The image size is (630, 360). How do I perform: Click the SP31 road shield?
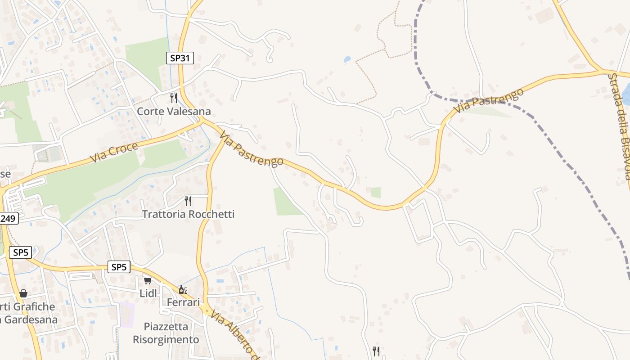(180, 58)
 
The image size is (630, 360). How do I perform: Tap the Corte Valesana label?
(174, 111)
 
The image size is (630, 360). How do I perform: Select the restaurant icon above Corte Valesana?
(174, 98)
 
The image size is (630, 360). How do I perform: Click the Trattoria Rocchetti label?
(189, 214)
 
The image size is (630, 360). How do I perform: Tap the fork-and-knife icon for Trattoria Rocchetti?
(188, 201)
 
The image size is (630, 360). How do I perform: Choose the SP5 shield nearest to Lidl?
(119, 267)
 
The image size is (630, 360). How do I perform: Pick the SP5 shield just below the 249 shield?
(21, 252)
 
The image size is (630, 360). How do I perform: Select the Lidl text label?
(148, 293)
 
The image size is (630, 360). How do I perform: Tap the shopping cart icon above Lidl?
(147, 281)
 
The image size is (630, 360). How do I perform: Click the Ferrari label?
(183, 302)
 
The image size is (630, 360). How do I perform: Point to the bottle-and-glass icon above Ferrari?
(183, 289)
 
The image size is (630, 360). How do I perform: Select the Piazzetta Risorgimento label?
(166, 333)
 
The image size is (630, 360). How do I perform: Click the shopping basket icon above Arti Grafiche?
(23, 294)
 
